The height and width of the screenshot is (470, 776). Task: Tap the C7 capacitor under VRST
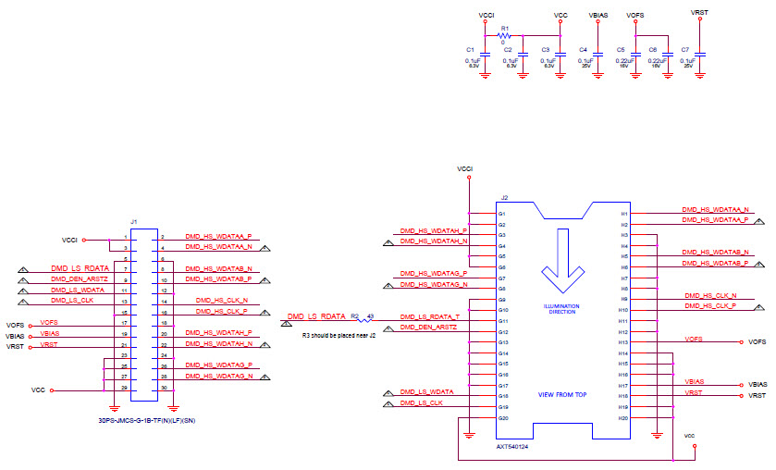pos(699,56)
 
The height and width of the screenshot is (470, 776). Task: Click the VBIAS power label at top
pos(597,16)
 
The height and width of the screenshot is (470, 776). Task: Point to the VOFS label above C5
pos(635,16)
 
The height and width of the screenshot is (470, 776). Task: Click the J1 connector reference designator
pos(134,222)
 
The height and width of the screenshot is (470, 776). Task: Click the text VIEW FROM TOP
pos(562,395)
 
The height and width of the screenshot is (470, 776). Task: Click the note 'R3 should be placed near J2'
pos(339,335)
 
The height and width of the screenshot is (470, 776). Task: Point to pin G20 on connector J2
pos(503,418)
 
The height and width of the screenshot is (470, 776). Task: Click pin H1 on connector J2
pos(624,215)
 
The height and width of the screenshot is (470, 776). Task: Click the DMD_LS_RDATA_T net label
pos(428,317)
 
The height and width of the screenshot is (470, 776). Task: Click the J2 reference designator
pos(504,198)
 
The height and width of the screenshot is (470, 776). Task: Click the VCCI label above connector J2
pos(466,169)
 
